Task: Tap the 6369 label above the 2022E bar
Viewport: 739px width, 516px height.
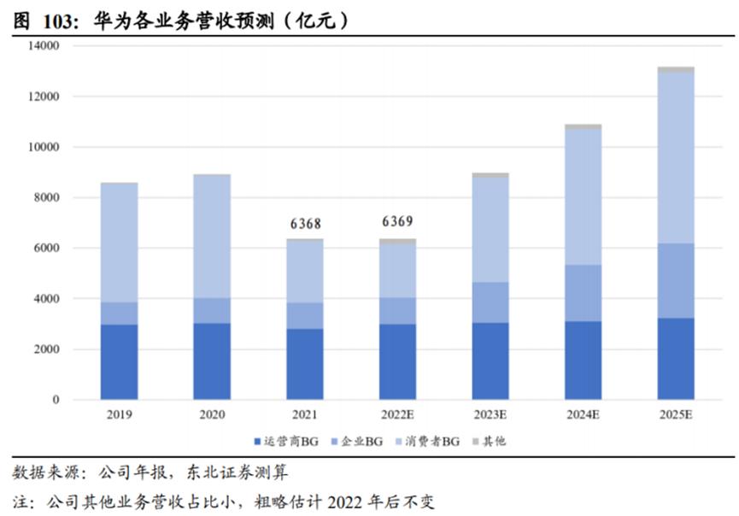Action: (x=397, y=222)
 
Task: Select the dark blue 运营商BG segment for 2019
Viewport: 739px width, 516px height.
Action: (x=119, y=361)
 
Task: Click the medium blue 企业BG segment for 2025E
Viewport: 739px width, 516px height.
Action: (x=676, y=280)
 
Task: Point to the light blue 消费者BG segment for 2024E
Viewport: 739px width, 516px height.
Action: (x=583, y=196)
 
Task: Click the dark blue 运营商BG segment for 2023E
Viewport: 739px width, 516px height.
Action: (x=490, y=361)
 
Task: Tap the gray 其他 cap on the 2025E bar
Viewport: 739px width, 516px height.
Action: (x=676, y=69)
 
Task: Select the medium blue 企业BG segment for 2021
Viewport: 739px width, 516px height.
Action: (x=304, y=315)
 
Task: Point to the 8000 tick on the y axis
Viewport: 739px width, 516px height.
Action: (x=45, y=197)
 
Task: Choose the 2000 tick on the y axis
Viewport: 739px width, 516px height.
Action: (x=45, y=349)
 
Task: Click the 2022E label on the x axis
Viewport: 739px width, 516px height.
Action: (x=397, y=414)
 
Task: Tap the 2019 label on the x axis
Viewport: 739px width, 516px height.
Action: (x=119, y=414)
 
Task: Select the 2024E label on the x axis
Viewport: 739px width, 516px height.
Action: (x=583, y=414)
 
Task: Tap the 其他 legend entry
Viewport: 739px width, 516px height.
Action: (x=494, y=441)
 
